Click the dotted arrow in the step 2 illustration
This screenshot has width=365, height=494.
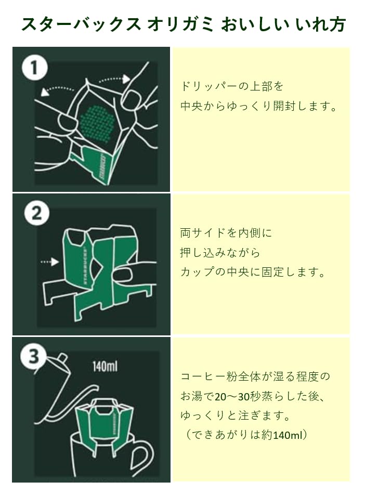click(x=50, y=263)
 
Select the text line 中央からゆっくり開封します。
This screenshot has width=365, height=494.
click(x=259, y=106)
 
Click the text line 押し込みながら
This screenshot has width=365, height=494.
click(x=220, y=253)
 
